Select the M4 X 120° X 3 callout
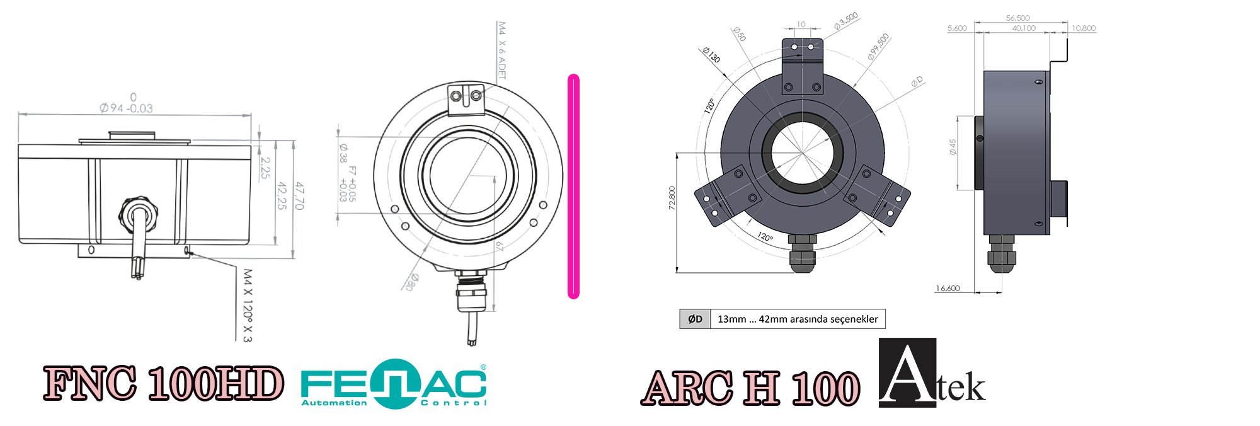pos(247,306)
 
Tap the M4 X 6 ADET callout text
pos(502,50)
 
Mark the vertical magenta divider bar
pos(573,187)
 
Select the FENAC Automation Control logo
pos(394,384)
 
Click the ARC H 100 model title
pos(750,388)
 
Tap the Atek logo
pos(931,374)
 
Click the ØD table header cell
pos(695,319)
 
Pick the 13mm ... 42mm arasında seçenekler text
pos(798,319)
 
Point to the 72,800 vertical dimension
pos(672,198)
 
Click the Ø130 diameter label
pos(711,55)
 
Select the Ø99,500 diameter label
pos(878,47)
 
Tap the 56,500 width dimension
pos(1018,18)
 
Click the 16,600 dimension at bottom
pos(948,289)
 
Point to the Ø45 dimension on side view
pos(953,147)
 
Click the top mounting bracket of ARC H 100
pos(802,66)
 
